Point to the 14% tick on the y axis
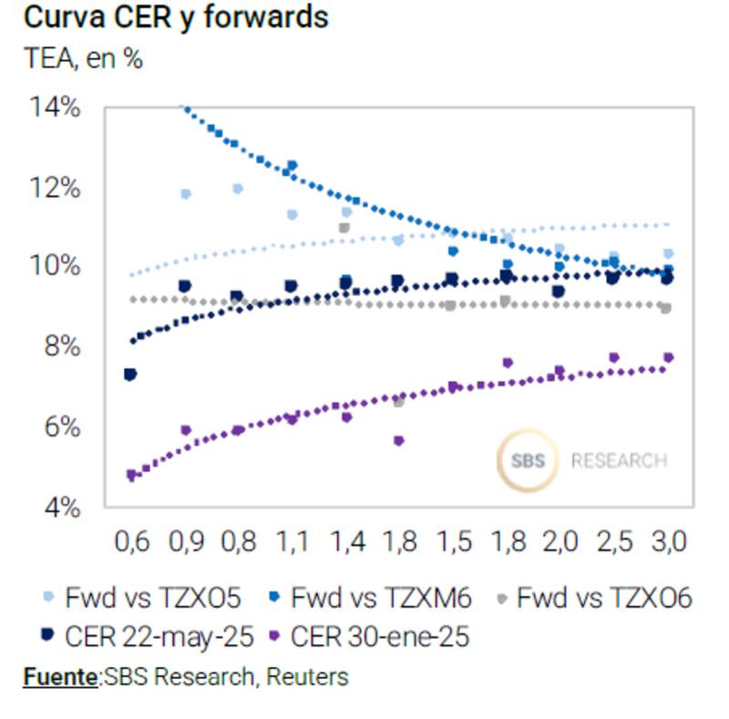tap(56, 108)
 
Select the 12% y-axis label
tap(56, 188)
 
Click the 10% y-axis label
tap(56, 267)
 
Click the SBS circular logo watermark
tap(528, 459)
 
